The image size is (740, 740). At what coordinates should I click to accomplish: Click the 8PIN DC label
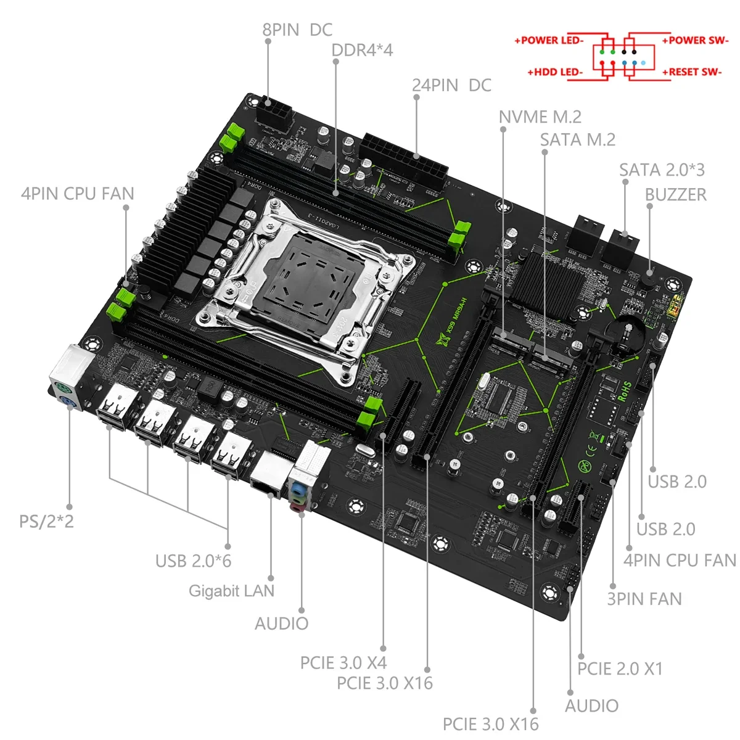pyautogui.click(x=297, y=30)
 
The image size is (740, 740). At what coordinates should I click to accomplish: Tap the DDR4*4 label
pyautogui.click(x=362, y=50)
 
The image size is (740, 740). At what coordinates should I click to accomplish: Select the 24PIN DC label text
pyautogui.click(x=451, y=85)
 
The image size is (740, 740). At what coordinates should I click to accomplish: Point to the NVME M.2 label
pyautogui.click(x=540, y=117)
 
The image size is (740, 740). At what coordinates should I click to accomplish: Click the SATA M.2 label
pyautogui.click(x=578, y=140)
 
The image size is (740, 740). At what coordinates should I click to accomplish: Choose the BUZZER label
pyautogui.click(x=675, y=194)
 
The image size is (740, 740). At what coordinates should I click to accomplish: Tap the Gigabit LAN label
pyautogui.click(x=231, y=591)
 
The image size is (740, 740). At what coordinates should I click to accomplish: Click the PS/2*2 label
pyautogui.click(x=46, y=521)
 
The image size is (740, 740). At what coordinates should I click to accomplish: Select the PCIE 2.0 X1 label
pyautogui.click(x=620, y=668)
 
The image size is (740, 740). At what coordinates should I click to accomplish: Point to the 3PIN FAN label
pyautogui.click(x=644, y=599)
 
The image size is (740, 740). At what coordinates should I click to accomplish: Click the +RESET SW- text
pyautogui.click(x=691, y=72)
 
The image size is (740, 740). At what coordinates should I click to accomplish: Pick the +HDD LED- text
pyautogui.click(x=554, y=72)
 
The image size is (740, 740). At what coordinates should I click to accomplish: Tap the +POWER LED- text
pyautogui.click(x=549, y=41)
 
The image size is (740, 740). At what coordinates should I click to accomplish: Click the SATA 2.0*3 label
pyautogui.click(x=662, y=170)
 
